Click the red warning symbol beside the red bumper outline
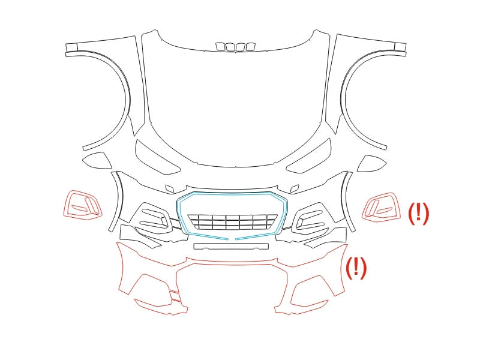(x=356, y=268)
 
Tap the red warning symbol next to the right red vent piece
(x=419, y=214)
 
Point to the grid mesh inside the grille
(x=233, y=222)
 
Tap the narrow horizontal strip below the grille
(x=231, y=246)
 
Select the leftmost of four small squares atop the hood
(x=220, y=47)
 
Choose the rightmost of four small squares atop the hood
(x=251, y=47)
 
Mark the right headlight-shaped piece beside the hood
(x=309, y=157)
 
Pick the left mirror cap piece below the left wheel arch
(x=97, y=160)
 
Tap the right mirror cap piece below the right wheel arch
(x=371, y=163)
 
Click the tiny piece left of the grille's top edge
(x=170, y=188)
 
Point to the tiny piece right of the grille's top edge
(x=295, y=188)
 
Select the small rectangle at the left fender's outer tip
(x=71, y=47)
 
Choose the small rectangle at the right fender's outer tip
(x=400, y=47)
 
